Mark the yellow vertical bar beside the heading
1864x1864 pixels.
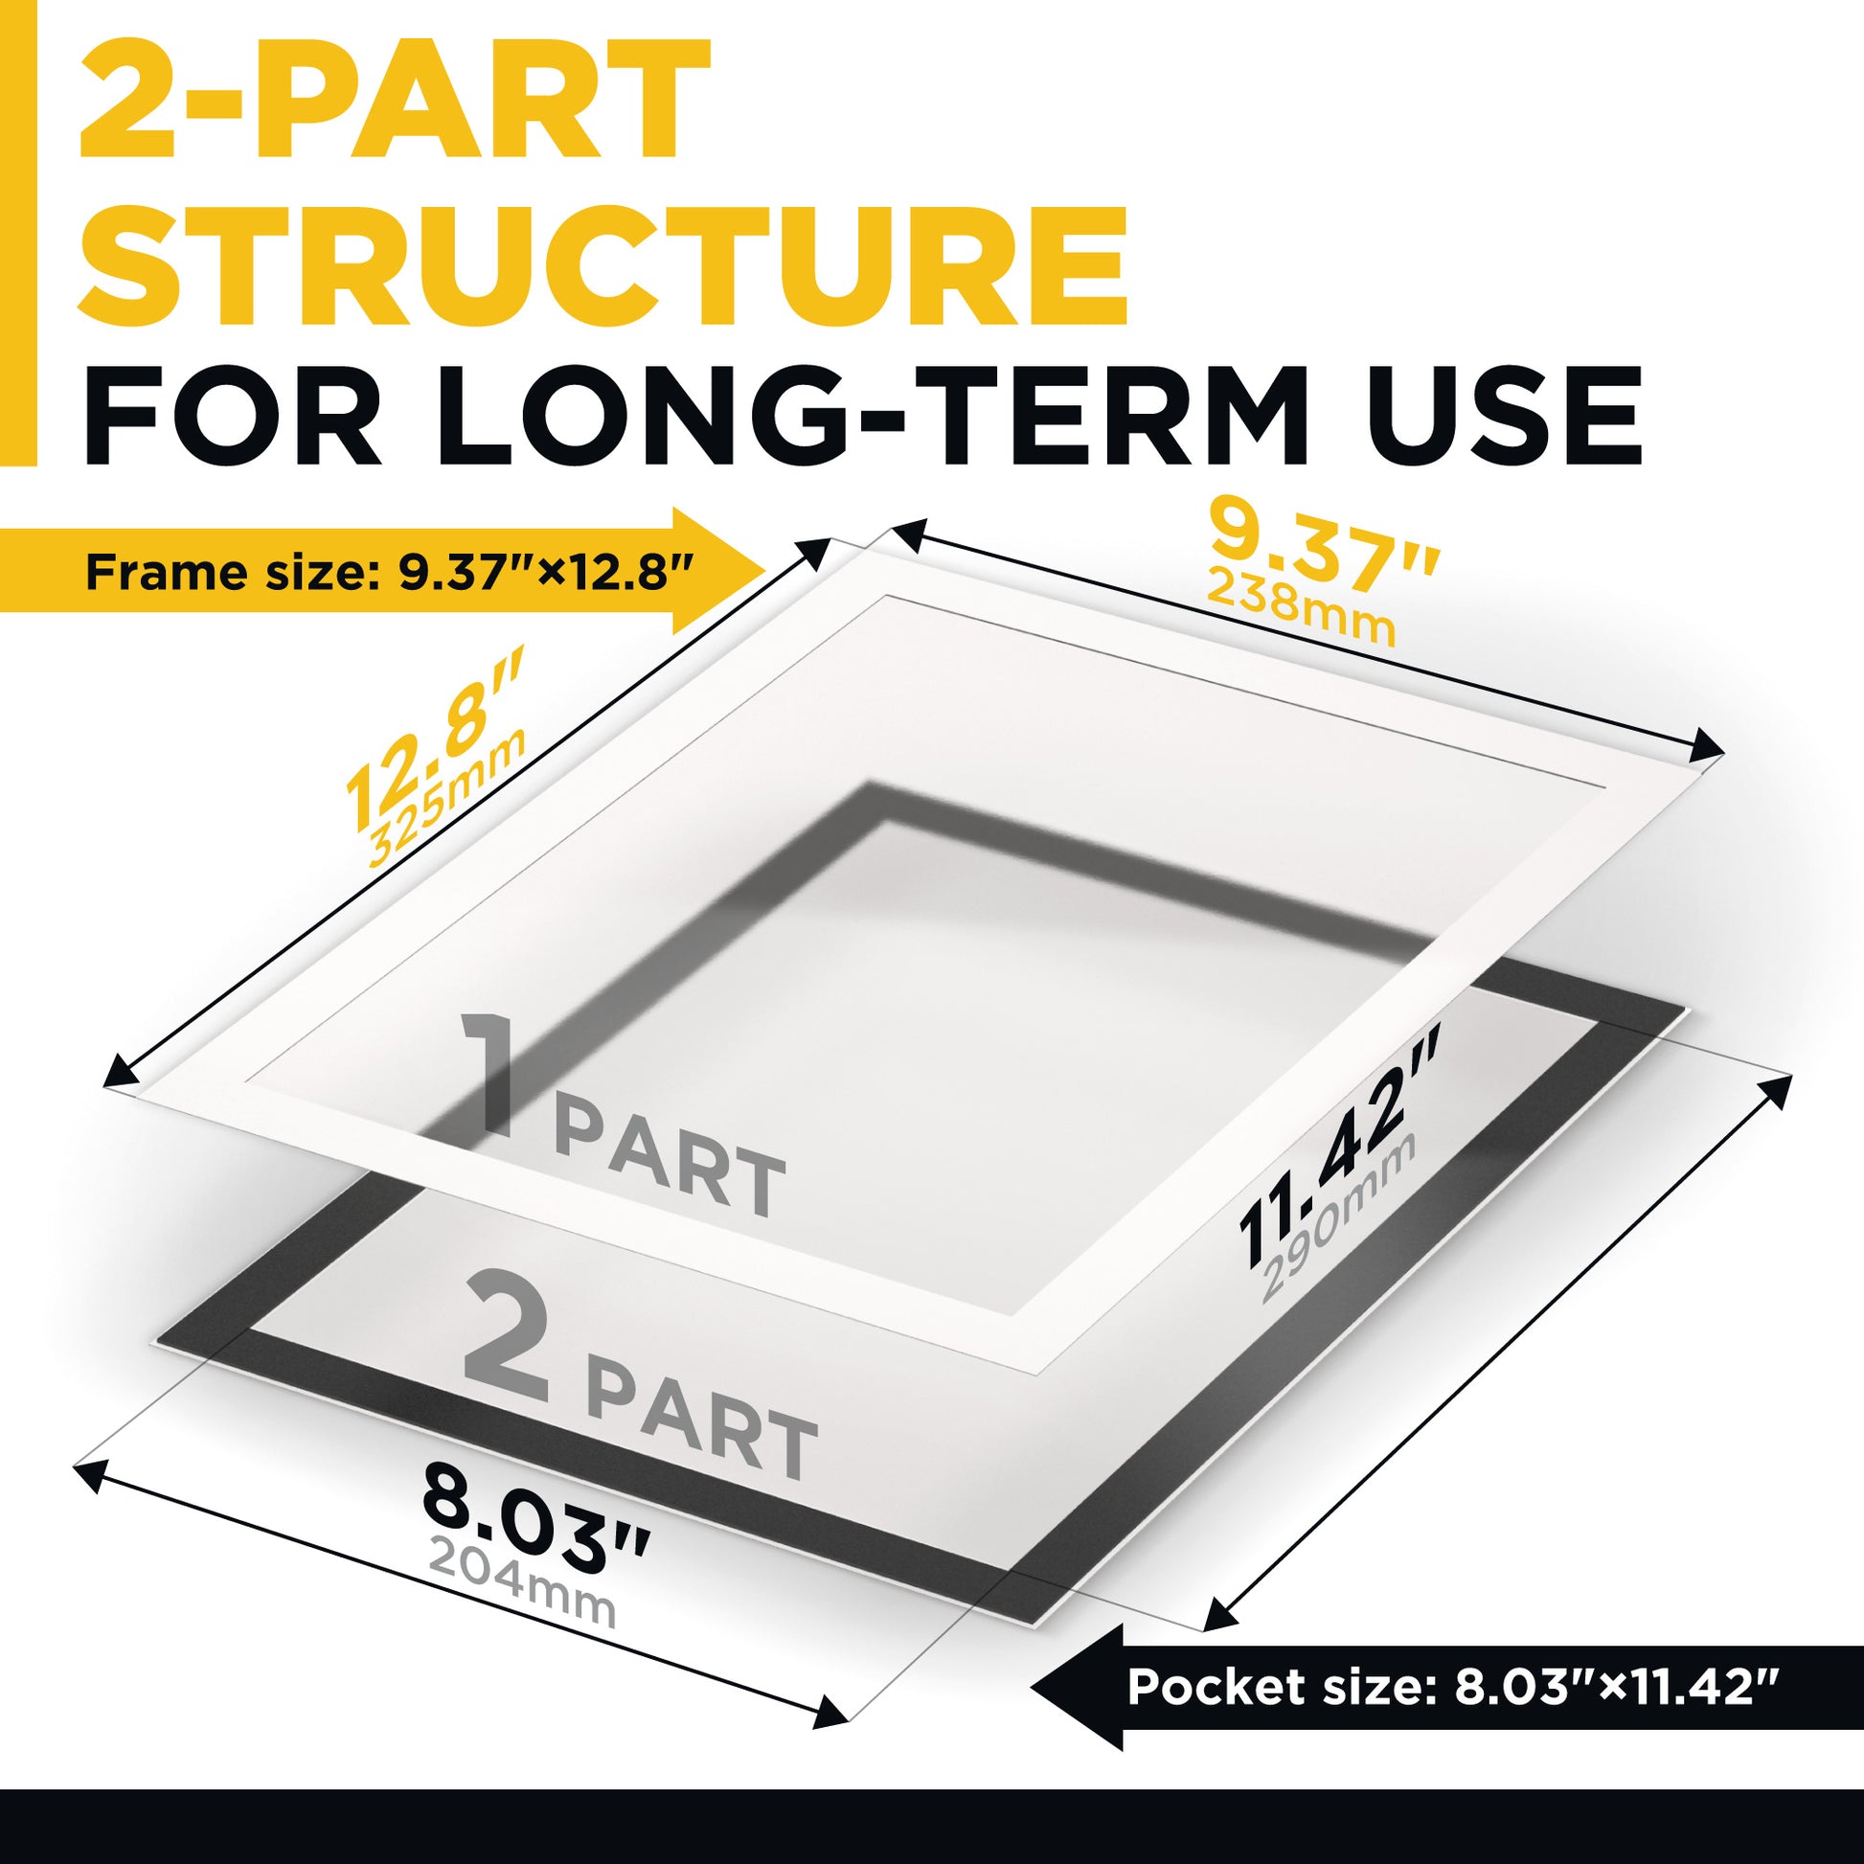pyautogui.click(x=18, y=233)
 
